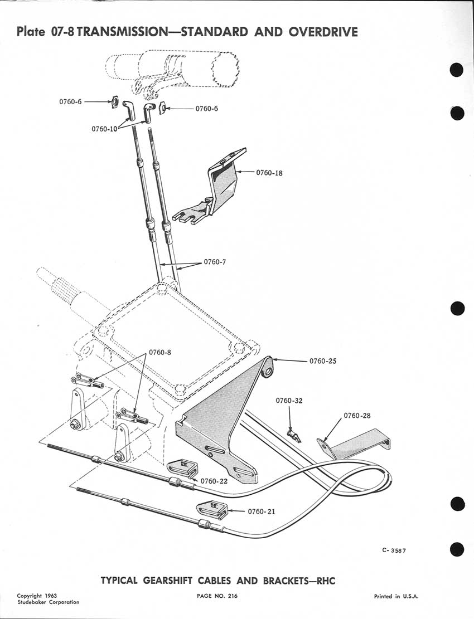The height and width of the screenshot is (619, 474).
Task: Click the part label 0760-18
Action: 269,173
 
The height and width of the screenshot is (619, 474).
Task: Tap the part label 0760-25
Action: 323,361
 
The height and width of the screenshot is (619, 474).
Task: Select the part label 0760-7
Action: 215,262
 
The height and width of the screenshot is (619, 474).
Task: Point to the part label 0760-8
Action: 160,352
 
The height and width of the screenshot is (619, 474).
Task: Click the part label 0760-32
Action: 289,401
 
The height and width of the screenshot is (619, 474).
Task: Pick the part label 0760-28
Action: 357,415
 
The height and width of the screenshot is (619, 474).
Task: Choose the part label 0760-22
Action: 214,481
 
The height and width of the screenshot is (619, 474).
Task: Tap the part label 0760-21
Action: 262,511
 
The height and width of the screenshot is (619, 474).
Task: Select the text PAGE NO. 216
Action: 217,596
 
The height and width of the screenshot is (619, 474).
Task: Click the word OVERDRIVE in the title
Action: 323,32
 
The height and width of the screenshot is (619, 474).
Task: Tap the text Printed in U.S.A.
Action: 396,597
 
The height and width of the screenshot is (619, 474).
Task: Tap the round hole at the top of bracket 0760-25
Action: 270,371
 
